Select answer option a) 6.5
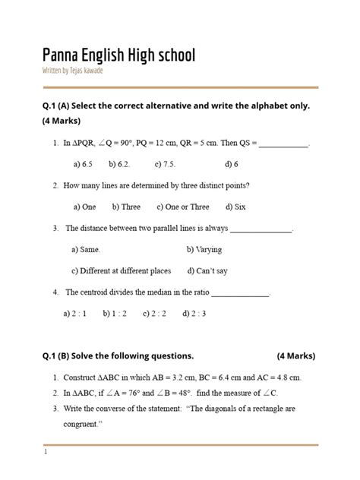(x=83, y=163)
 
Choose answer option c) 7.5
(x=165, y=163)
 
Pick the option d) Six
(x=236, y=207)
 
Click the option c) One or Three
(x=183, y=207)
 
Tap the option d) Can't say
(x=207, y=270)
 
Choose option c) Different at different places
(x=121, y=270)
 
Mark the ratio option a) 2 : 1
(x=74, y=313)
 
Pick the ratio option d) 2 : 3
(x=194, y=313)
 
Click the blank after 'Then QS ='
(x=284, y=143)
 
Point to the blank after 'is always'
(x=261, y=228)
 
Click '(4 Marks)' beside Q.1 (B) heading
(x=296, y=355)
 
